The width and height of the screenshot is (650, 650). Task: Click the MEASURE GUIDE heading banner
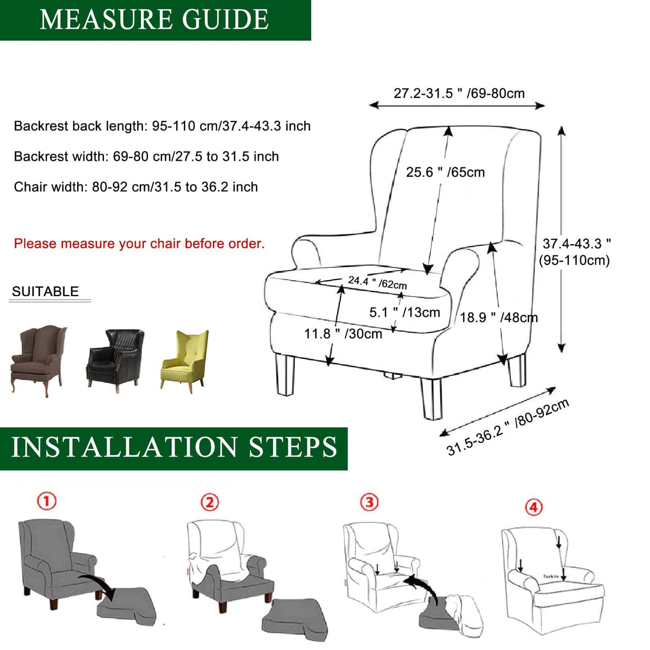click(x=155, y=20)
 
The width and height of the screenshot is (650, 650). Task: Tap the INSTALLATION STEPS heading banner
click(x=173, y=448)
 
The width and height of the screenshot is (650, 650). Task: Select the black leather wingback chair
click(x=115, y=359)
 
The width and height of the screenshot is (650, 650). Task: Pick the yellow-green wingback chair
click(x=185, y=360)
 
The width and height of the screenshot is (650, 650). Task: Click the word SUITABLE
click(x=46, y=292)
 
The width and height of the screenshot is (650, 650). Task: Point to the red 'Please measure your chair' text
click(x=139, y=244)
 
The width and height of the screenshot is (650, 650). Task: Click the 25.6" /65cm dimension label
click(x=445, y=172)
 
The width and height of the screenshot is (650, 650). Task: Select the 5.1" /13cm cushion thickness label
click(x=404, y=312)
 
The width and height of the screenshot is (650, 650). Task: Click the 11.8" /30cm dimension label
click(x=343, y=334)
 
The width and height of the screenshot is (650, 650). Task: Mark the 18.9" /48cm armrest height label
click(x=498, y=318)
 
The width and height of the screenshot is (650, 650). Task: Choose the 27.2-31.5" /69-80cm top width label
click(x=459, y=93)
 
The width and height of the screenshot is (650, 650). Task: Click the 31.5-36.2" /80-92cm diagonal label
click(x=508, y=427)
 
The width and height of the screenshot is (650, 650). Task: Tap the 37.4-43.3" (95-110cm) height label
click(x=575, y=252)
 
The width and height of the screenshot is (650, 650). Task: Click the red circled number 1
click(x=47, y=502)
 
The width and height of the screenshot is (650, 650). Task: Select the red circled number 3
click(x=369, y=502)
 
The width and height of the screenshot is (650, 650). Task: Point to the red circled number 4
click(x=534, y=507)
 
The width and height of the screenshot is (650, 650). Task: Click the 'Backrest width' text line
click(x=146, y=156)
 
